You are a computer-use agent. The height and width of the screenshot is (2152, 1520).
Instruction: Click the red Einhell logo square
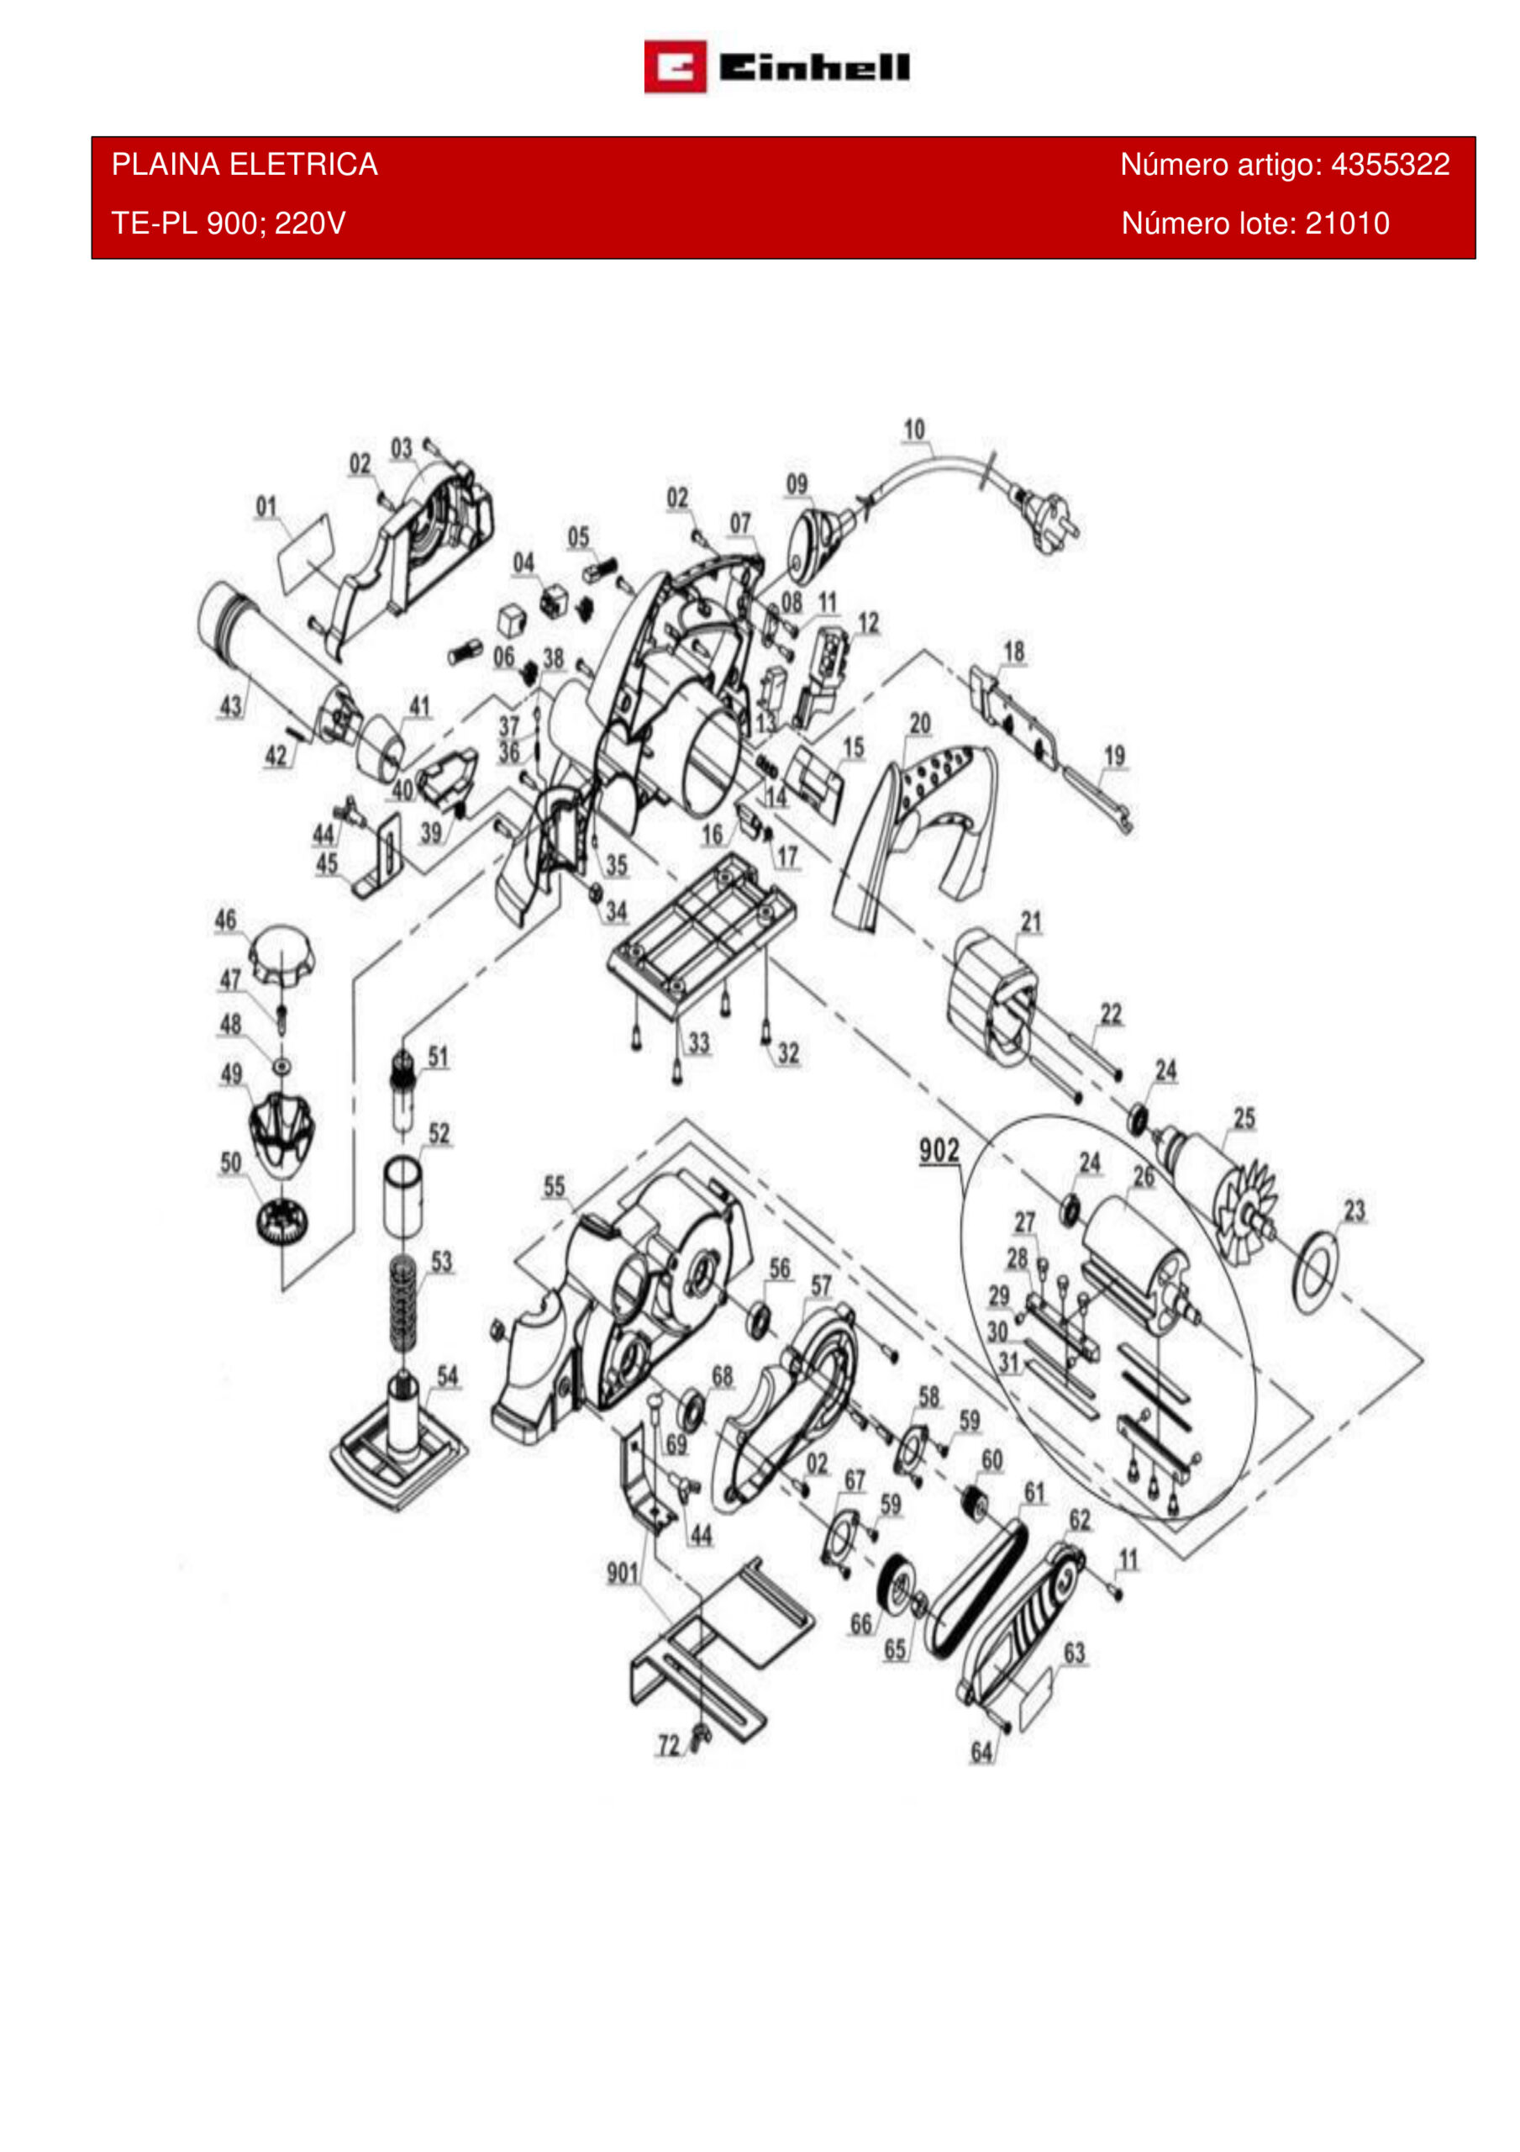675,66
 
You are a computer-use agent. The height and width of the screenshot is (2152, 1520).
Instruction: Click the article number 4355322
1390,165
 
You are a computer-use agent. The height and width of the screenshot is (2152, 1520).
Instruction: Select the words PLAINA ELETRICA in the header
245,165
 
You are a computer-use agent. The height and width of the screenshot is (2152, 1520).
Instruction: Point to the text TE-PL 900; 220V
229,223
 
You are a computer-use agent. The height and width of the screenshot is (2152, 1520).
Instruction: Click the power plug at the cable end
1049,520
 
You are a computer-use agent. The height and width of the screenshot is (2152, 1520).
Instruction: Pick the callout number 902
939,1150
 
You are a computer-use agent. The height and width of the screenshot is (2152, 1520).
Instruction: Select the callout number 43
230,706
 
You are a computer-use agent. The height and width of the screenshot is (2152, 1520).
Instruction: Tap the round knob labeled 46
278,954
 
